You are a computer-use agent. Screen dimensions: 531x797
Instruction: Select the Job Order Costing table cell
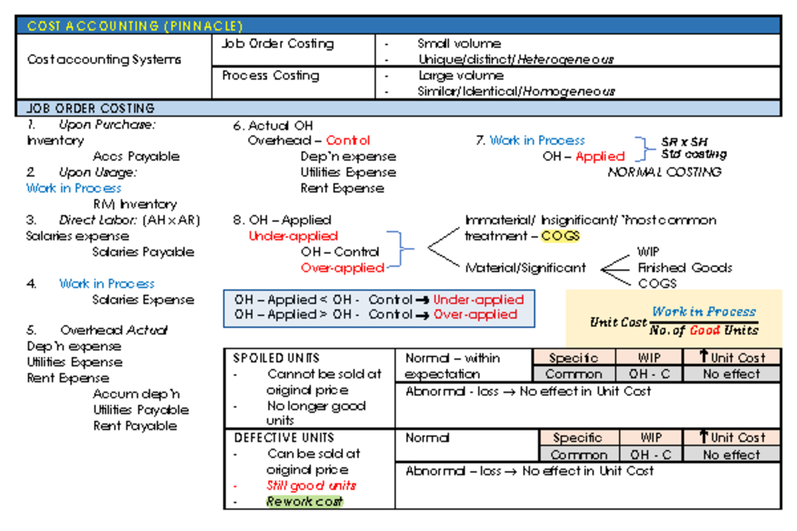278,44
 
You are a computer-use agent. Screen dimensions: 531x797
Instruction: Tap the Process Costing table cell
270,76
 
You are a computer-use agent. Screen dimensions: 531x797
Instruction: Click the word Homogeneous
569,92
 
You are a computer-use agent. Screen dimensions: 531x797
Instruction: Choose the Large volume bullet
460,76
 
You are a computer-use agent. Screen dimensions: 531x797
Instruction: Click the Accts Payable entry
136,157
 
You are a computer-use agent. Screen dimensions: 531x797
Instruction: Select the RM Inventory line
135,204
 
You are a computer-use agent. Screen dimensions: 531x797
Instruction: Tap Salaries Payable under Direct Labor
143,252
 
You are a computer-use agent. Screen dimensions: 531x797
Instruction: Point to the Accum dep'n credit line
136,394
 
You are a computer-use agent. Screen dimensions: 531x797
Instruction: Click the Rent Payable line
135,426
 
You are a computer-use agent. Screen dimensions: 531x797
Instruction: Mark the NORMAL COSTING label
664,173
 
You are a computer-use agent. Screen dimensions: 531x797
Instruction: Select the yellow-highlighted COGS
561,236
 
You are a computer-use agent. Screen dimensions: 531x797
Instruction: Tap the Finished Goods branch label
685,268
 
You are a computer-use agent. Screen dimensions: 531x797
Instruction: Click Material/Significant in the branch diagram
525,268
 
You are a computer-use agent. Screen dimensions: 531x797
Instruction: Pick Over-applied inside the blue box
475,315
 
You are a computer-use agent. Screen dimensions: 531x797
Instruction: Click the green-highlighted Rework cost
304,502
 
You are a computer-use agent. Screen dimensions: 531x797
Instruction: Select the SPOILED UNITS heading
276,358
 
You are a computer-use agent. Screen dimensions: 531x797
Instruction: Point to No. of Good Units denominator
704,330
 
